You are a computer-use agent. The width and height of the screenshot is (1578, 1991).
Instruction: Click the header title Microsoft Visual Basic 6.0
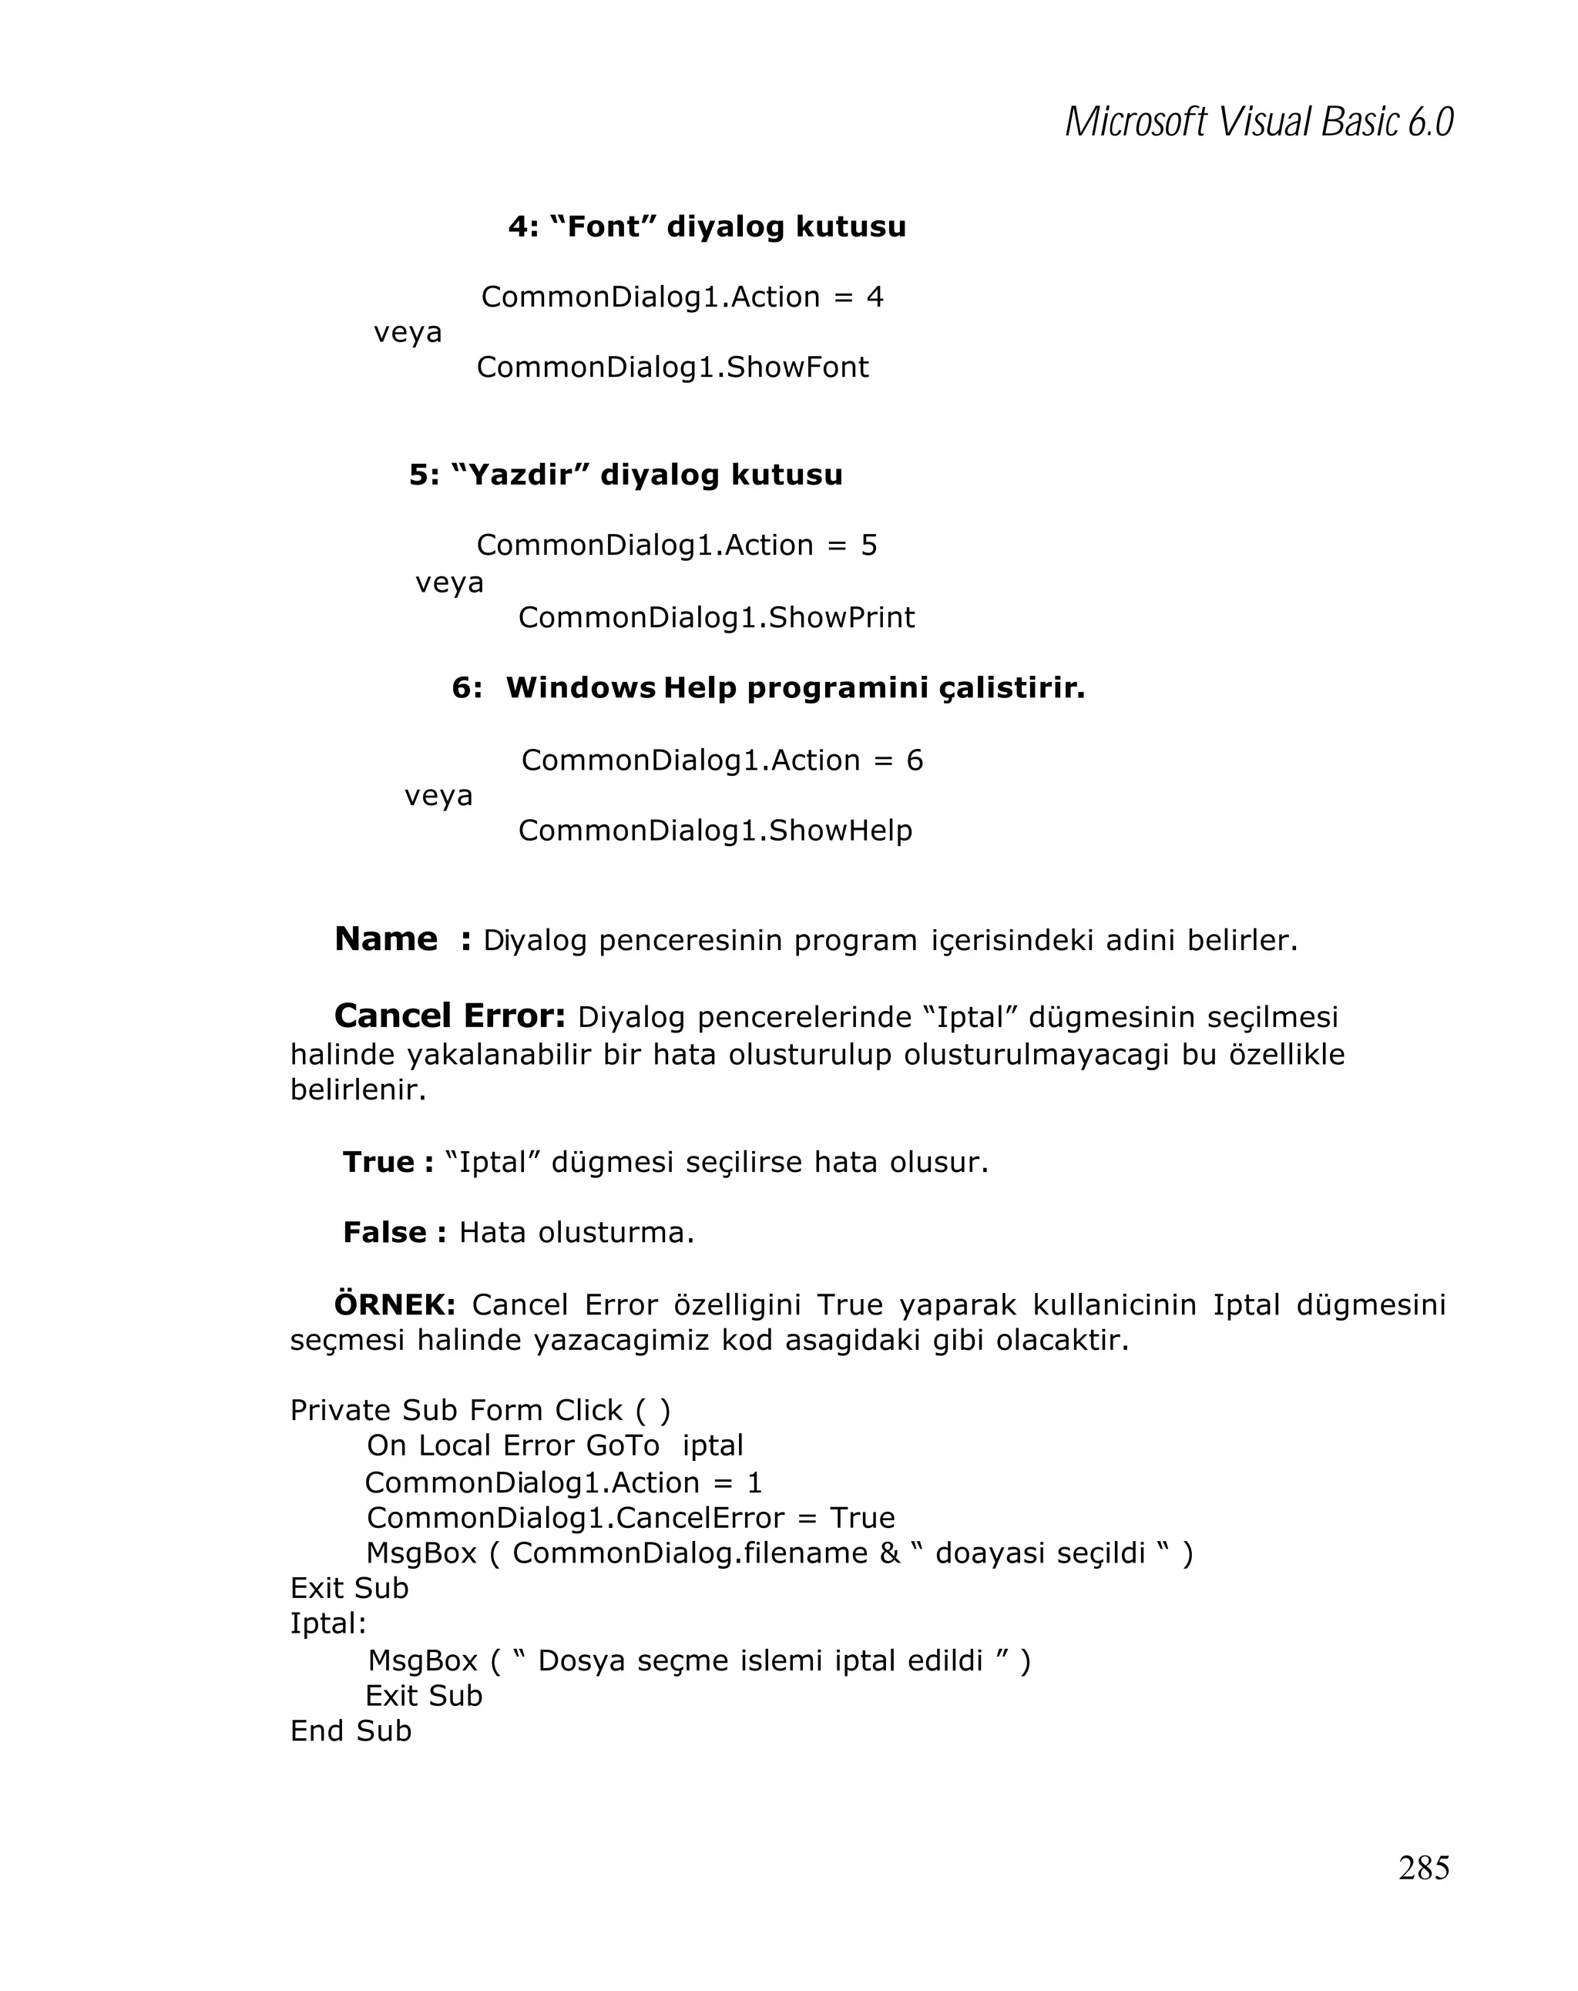click(x=1258, y=122)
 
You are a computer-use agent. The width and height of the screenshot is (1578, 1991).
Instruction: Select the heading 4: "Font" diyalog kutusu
click(x=707, y=227)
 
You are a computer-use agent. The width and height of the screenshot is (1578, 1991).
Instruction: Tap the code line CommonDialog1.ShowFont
click(x=672, y=368)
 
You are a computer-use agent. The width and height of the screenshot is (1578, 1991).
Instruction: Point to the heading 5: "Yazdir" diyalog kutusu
click(x=625, y=475)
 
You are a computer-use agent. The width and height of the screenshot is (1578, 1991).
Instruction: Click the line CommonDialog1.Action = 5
click(x=676, y=545)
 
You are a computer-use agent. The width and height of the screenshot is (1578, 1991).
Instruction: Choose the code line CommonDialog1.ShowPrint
click(x=716, y=617)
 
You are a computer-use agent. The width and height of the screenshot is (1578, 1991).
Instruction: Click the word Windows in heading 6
click(x=580, y=688)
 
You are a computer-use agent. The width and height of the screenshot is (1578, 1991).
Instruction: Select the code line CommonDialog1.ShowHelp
click(x=715, y=830)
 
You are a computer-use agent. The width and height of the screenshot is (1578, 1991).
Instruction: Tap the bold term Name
click(x=385, y=938)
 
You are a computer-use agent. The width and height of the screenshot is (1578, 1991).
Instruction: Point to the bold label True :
click(x=387, y=1162)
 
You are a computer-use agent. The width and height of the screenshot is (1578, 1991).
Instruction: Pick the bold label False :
click(x=394, y=1232)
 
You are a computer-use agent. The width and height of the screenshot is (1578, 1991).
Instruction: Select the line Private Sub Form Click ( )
click(x=480, y=1410)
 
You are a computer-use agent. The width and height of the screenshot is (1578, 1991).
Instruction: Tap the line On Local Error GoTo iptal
click(x=554, y=1445)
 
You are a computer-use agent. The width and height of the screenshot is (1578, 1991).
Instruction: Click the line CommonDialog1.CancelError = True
click(x=630, y=1517)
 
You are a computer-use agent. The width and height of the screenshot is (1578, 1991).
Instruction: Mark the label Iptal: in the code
click(x=327, y=1623)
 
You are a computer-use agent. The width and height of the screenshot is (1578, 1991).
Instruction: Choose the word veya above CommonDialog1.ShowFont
click(x=407, y=332)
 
